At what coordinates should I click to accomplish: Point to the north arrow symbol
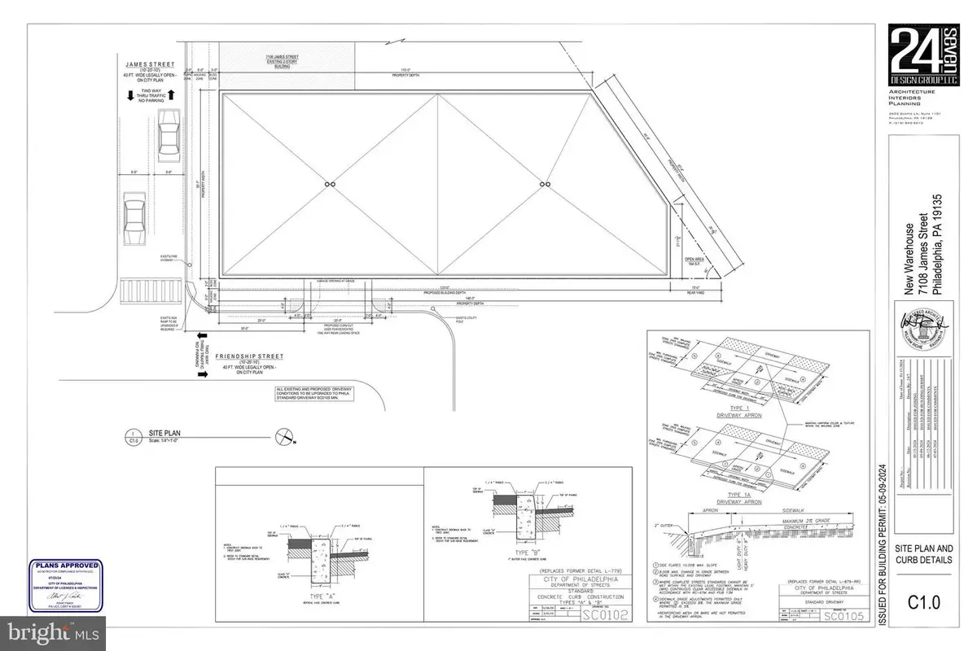(286, 439)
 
